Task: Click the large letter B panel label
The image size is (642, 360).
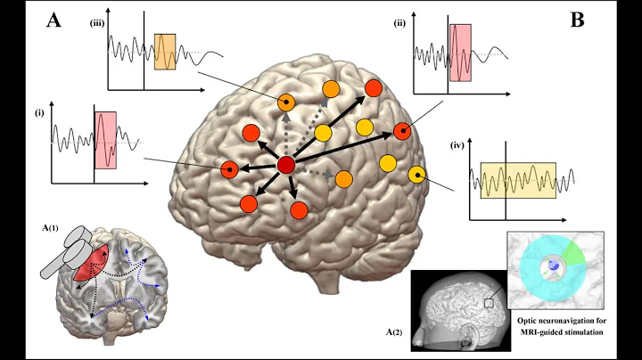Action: pos(577,19)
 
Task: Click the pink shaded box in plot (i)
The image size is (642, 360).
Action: pos(106,140)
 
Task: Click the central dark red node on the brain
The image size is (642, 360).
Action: pos(286,165)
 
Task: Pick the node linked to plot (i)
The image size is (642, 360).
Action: pos(230,168)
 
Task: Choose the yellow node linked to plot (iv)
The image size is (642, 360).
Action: pos(416,175)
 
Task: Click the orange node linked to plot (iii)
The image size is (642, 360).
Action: pos(286,102)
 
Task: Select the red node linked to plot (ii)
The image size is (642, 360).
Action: pos(402,131)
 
